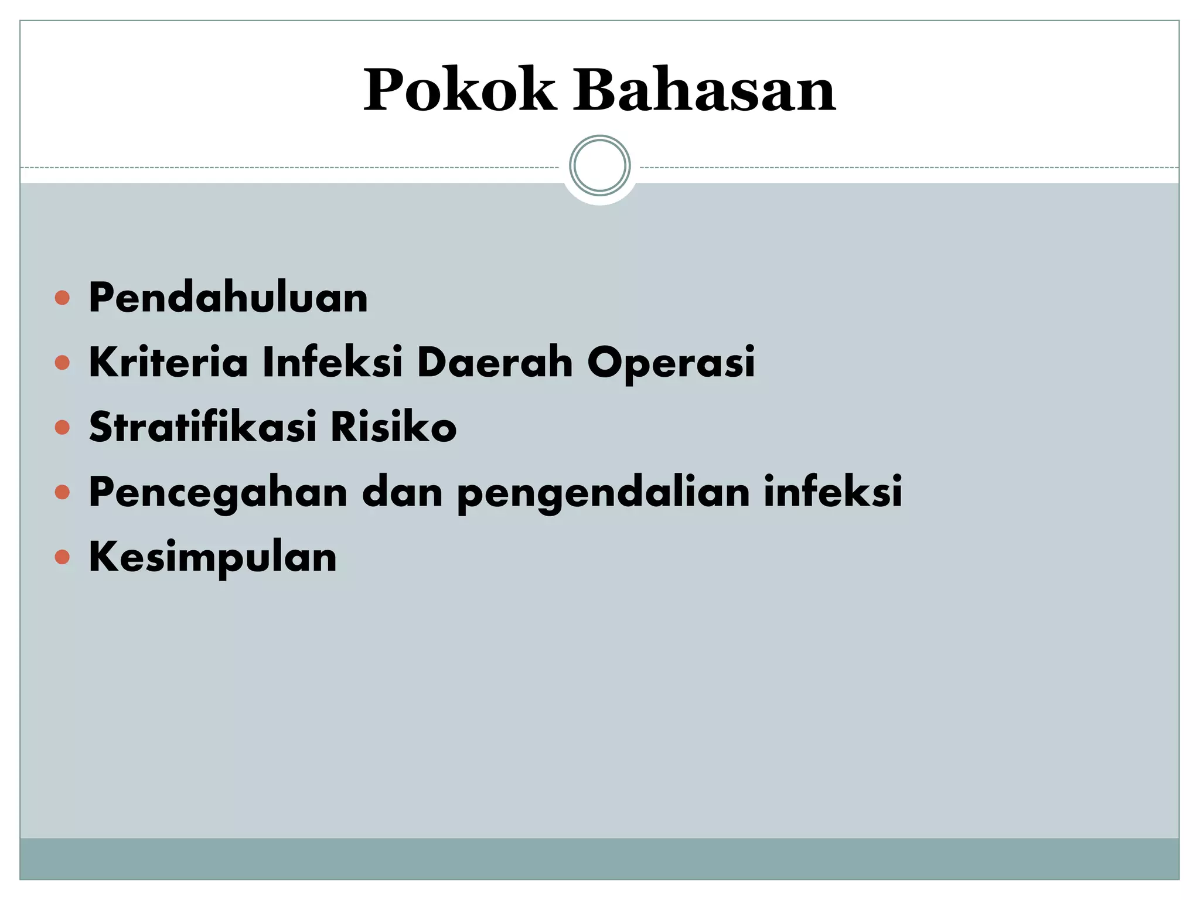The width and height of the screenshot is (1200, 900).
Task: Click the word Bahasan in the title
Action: (704, 91)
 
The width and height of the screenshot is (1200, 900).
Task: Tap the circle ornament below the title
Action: (599, 166)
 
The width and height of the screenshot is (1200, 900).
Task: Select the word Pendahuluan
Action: (228, 298)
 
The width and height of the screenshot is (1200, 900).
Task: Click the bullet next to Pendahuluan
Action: (62, 298)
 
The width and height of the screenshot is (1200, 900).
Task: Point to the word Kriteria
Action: (169, 362)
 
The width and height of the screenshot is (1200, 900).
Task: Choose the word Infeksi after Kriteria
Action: (332, 362)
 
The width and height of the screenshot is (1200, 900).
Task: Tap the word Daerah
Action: (495, 362)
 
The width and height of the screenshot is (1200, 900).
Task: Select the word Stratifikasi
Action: (203, 427)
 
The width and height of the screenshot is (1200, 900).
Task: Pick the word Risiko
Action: (393, 427)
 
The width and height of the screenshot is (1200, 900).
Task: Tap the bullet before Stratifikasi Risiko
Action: (62, 428)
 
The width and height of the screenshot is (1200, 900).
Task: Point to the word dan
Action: (403, 492)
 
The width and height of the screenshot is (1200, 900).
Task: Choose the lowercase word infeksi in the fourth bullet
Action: (833, 492)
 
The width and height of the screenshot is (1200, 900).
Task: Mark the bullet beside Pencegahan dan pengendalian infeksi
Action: (62, 492)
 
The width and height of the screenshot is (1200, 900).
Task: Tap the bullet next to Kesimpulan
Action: (62, 557)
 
